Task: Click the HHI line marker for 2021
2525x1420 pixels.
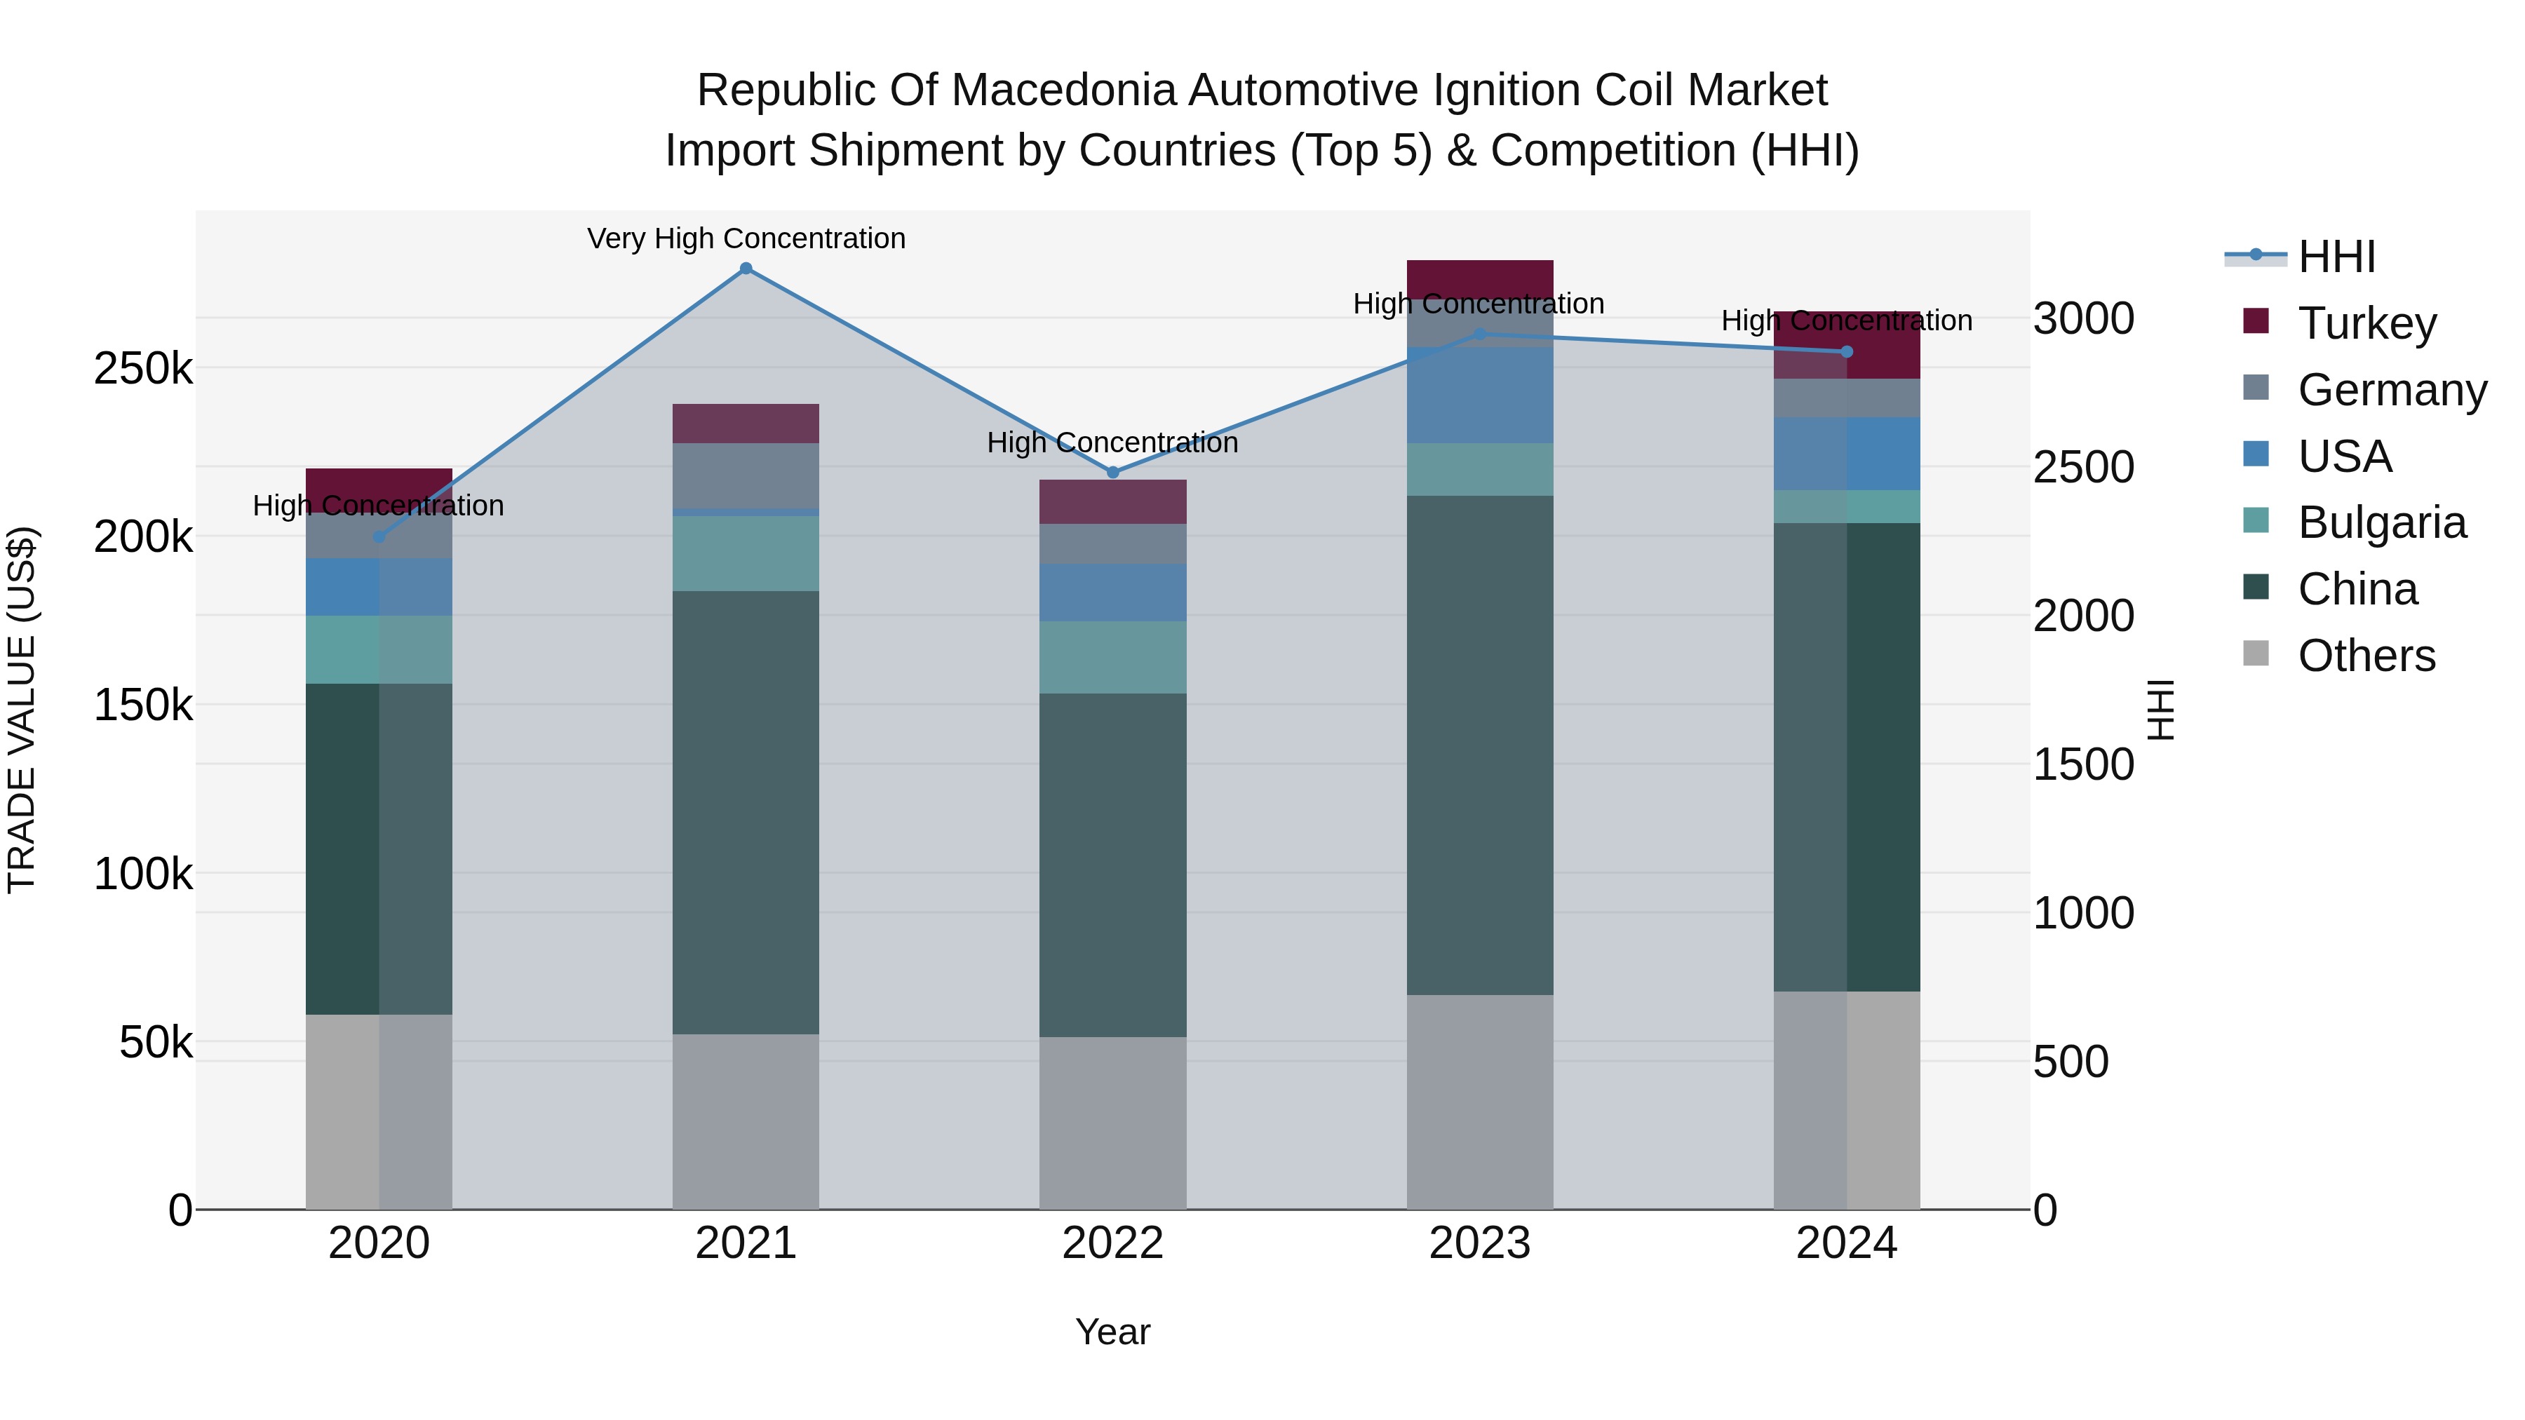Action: pos(746,269)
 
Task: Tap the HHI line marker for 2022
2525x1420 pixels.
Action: pos(1112,473)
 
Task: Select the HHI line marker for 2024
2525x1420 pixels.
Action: pos(1847,352)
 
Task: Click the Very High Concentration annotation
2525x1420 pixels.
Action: pos(746,238)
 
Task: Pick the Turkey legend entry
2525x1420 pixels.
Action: pos(2366,323)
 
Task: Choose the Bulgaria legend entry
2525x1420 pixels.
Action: pos(2381,522)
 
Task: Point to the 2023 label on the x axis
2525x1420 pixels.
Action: pos(1479,1243)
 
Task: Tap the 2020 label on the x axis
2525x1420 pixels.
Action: pos(379,1243)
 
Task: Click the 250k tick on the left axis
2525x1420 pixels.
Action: pos(143,370)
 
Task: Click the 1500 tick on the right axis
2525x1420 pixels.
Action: pos(2083,764)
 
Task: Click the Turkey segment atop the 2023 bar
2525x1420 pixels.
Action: pos(1479,278)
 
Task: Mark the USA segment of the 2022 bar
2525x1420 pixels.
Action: pos(1112,592)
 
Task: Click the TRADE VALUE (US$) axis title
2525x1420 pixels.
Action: pos(22,710)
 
